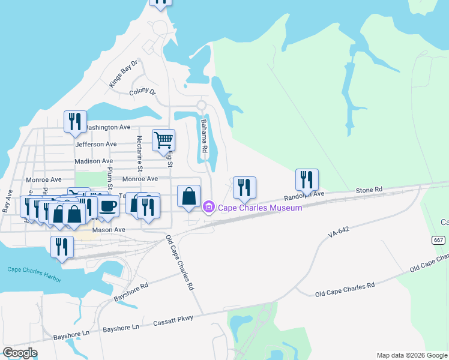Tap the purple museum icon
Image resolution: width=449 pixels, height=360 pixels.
209,208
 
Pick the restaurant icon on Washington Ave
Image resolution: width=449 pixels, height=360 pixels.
75,122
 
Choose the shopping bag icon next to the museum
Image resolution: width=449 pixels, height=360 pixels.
188,196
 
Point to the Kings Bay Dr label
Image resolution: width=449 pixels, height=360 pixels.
124,74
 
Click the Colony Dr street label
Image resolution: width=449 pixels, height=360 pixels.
142,92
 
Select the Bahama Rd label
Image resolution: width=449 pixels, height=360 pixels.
204,136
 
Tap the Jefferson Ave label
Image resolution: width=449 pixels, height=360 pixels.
96,145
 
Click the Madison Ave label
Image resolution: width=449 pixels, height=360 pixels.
94,161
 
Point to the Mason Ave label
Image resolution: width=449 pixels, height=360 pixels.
108,230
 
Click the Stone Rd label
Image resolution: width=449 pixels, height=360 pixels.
369,190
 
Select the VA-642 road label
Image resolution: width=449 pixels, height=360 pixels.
339,230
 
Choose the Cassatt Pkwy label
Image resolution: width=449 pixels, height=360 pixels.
173,319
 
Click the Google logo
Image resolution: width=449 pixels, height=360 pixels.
20,353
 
